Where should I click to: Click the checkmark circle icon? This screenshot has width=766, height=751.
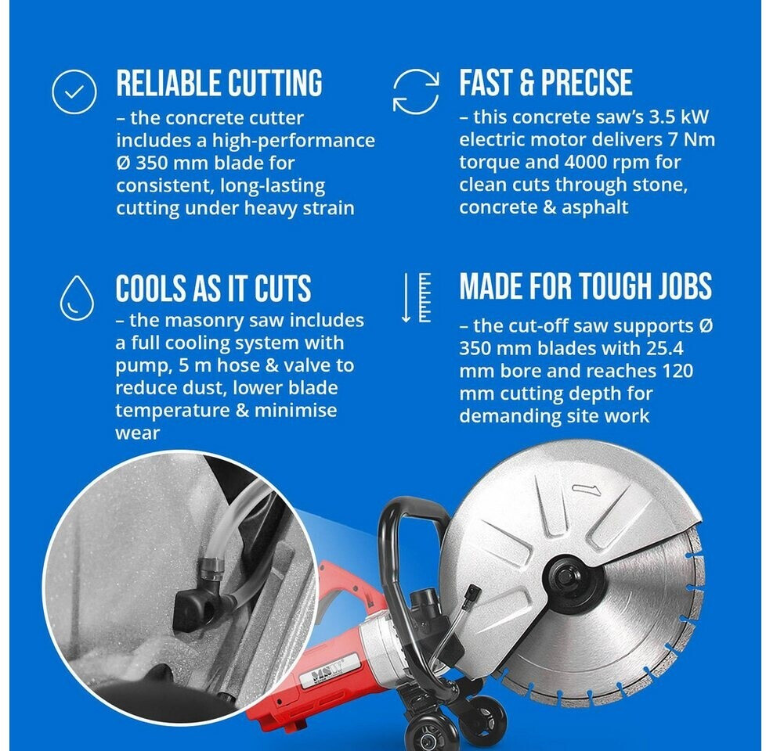[x=74, y=92]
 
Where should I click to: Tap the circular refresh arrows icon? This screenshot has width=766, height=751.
[x=416, y=92]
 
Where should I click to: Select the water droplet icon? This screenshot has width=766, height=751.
[x=77, y=297]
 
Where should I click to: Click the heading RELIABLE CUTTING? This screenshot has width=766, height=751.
[x=219, y=82]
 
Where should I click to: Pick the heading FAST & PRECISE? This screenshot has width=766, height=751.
[x=546, y=82]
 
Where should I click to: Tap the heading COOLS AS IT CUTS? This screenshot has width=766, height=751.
[x=213, y=288]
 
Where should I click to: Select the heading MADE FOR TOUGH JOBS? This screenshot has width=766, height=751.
[x=586, y=286]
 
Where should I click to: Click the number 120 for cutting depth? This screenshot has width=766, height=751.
[x=677, y=371]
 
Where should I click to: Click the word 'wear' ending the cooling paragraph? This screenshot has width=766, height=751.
[x=137, y=433]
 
